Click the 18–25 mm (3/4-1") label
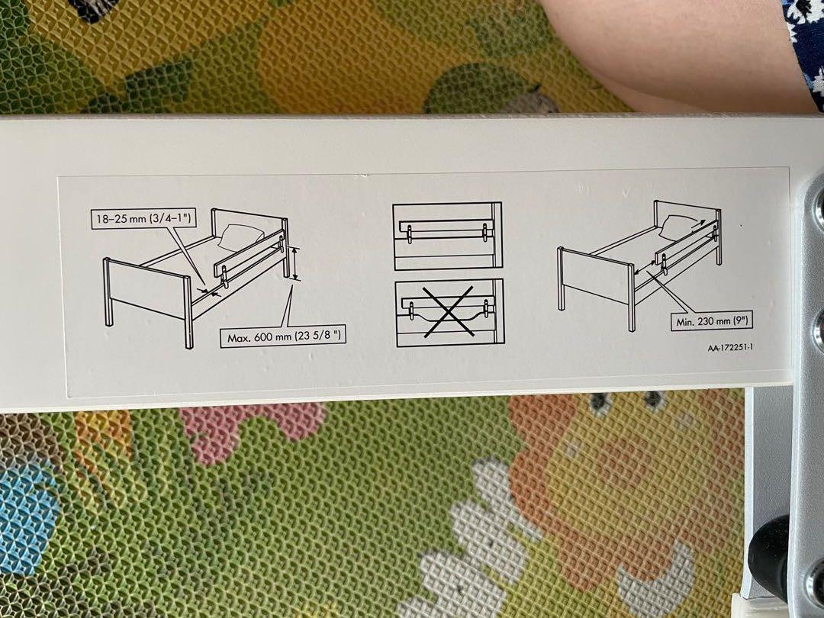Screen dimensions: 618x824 pos(143,220)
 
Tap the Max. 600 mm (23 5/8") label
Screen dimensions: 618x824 pos(282,336)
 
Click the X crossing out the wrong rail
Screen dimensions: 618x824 pos(447,313)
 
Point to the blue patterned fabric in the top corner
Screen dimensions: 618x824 pos(805,38)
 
